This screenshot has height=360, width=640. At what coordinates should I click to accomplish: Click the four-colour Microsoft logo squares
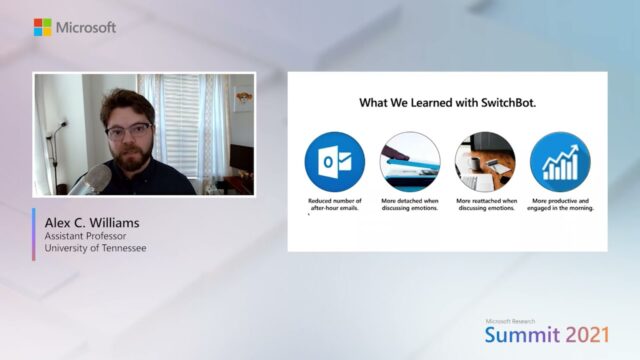click(42, 27)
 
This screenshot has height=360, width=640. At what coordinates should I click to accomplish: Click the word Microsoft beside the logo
click(86, 27)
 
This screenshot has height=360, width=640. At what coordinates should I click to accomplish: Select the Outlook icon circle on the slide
click(335, 162)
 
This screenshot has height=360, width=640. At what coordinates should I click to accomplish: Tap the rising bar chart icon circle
click(560, 162)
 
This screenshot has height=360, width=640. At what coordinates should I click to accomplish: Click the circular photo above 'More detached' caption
click(410, 162)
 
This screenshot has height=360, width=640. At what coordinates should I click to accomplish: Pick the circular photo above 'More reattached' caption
click(485, 162)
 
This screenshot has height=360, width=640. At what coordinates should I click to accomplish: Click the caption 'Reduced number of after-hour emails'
click(335, 204)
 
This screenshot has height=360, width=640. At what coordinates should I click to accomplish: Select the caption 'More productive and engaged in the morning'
click(560, 204)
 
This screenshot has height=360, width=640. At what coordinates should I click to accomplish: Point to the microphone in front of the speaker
click(95, 179)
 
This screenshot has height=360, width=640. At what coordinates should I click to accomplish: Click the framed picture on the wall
click(243, 98)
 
